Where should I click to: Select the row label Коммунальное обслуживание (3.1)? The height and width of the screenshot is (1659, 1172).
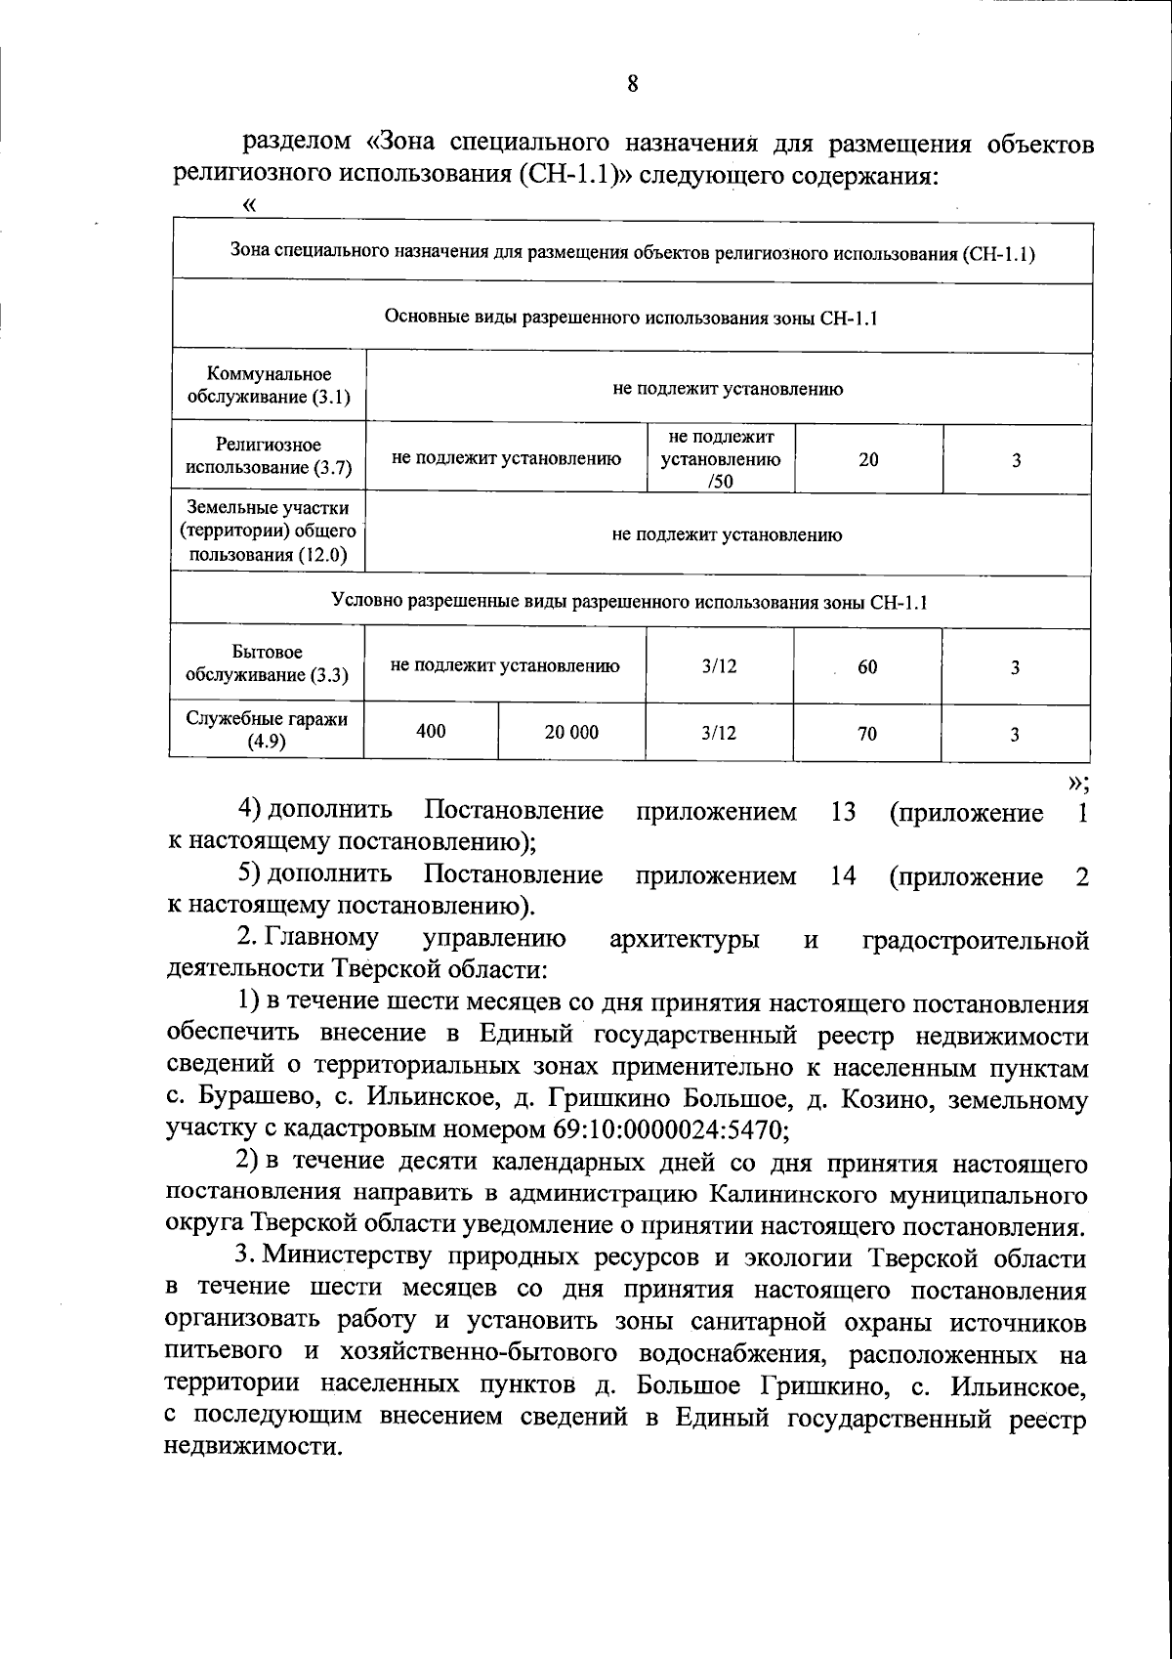click(x=268, y=387)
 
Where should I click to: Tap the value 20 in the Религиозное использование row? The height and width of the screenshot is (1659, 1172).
click(x=868, y=459)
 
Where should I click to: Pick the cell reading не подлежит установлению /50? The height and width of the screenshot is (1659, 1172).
click(x=721, y=458)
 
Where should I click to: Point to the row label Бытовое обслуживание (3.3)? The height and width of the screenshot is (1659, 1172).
click(x=267, y=663)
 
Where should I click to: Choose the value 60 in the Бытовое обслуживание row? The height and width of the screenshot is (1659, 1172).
click(x=867, y=667)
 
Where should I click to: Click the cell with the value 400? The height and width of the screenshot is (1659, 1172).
click(x=431, y=731)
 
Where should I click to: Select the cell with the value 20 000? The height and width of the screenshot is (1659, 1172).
click(x=571, y=732)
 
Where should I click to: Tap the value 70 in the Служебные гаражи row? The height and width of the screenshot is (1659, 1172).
click(x=867, y=734)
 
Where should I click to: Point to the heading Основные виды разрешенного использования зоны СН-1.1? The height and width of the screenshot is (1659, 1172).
click(x=631, y=318)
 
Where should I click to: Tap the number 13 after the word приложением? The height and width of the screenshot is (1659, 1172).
click(x=843, y=812)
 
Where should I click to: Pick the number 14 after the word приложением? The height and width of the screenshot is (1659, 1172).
click(x=843, y=876)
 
